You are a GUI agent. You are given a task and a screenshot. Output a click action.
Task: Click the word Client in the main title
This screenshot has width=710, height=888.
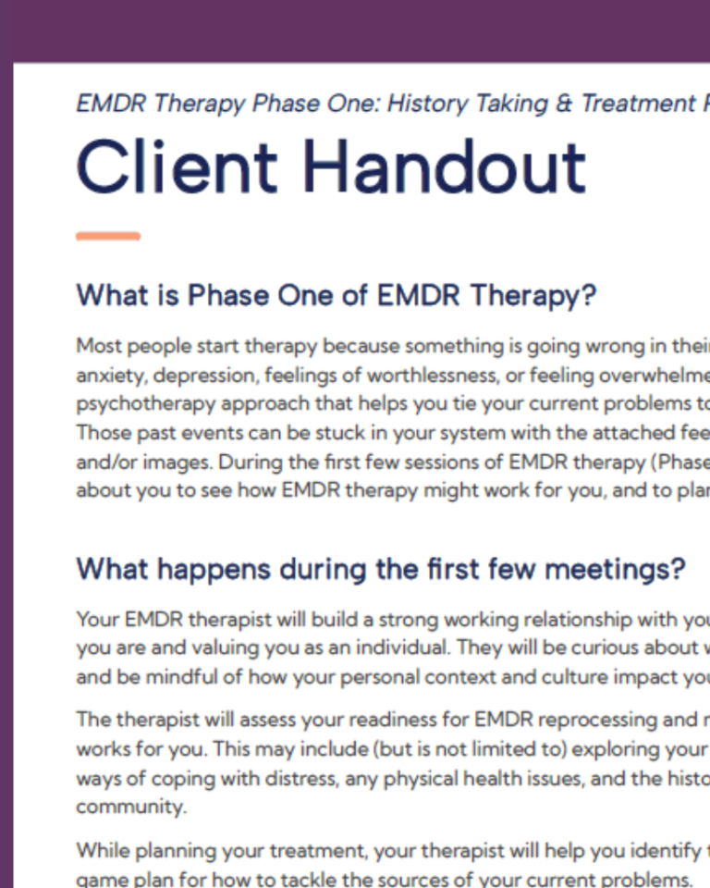click(176, 167)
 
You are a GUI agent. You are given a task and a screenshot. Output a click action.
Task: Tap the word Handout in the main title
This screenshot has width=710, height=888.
click(444, 167)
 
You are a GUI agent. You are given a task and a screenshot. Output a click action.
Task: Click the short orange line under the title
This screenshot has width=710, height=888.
click(108, 237)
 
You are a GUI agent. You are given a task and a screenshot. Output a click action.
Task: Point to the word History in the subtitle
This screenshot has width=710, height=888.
click(426, 103)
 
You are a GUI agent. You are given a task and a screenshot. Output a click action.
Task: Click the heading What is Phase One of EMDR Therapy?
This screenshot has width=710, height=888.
click(336, 296)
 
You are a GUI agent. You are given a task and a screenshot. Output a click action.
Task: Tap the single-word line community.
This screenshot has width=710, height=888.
click(130, 807)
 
